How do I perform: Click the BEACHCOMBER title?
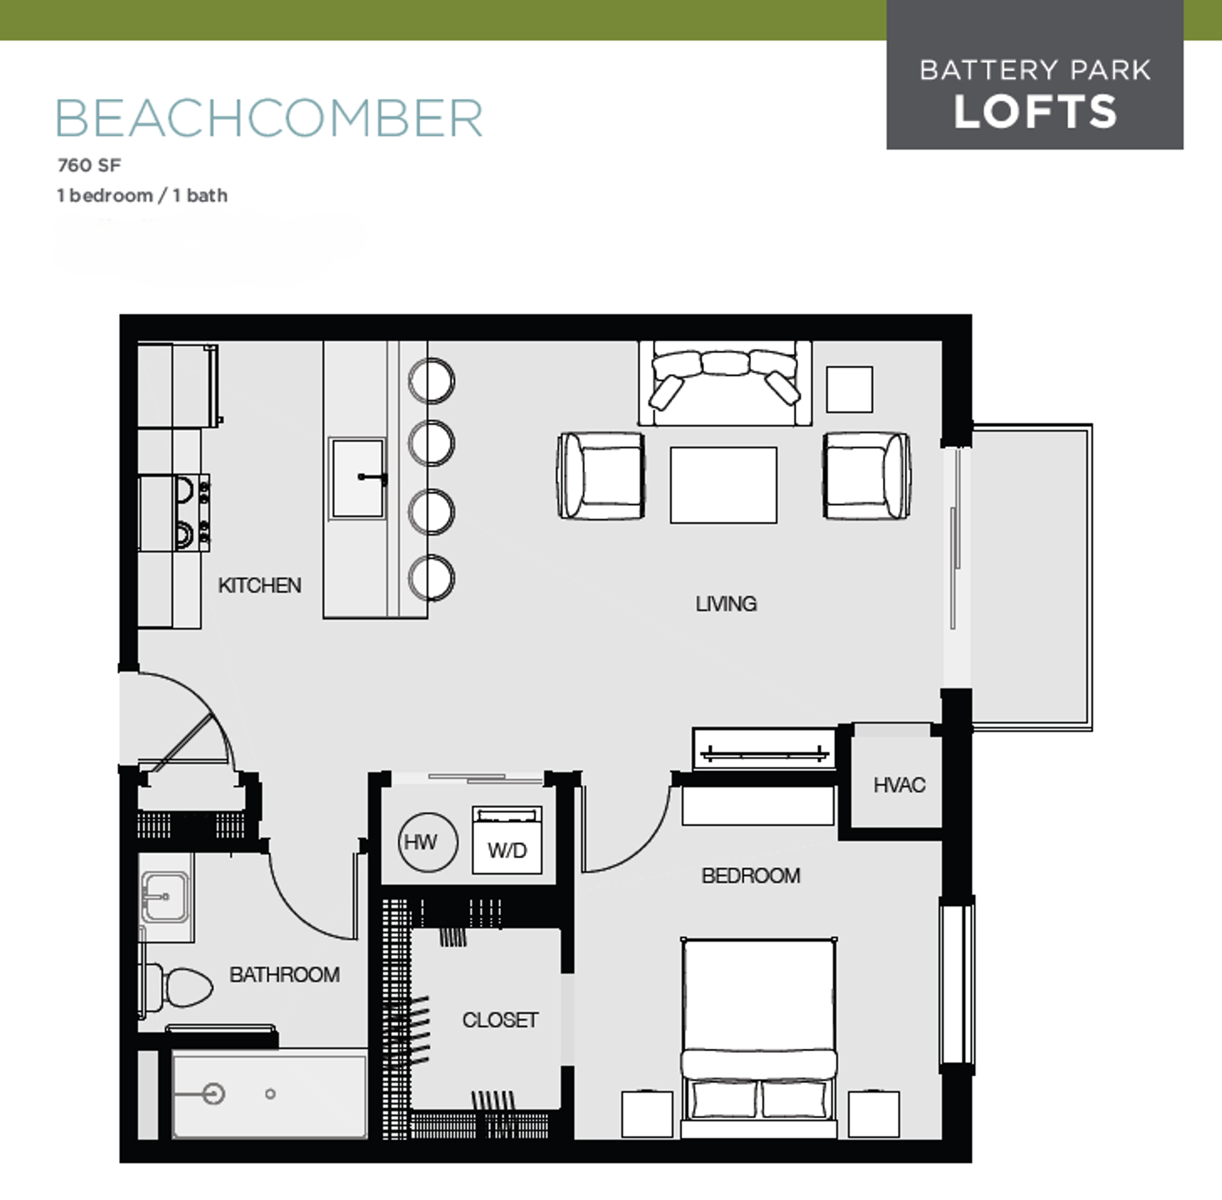click(269, 118)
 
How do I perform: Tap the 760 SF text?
click(89, 165)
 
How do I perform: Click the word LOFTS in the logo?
click(1035, 112)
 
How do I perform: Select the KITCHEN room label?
click(259, 585)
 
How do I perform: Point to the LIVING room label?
click(726, 603)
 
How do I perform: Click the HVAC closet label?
click(899, 785)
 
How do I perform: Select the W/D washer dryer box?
click(507, 840)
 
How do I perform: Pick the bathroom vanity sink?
click(165, 897)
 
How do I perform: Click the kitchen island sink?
click(356, 477)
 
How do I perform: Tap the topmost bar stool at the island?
click(432, 380)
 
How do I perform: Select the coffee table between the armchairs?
click(723, 485)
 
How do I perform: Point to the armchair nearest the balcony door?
click(866, 476)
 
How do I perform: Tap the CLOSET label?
click(500, 1020)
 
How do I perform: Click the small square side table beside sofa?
click(849, 389)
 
